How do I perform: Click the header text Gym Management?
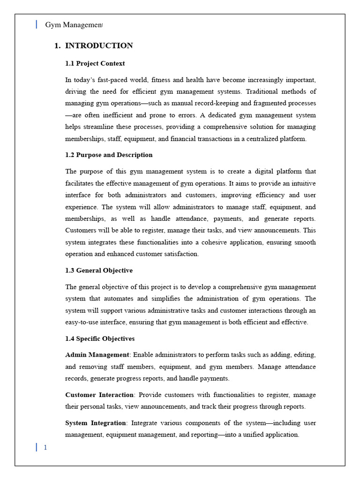[x=74, y=25]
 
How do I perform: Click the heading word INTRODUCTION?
[x=99, y=45]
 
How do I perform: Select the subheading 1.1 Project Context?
[x=95, y=63]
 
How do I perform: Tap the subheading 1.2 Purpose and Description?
[x=109, y=155]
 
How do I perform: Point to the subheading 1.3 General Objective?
[x=99, y=270]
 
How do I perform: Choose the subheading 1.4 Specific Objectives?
[x=100, y=338]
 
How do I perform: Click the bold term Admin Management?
[x=97, y=355]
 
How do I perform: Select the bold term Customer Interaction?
[x=99, y=395]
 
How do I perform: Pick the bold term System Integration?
[x=96, y=423]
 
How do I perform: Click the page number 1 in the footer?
[x=45, y=447]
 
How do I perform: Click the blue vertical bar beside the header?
[x=37, y=24]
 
